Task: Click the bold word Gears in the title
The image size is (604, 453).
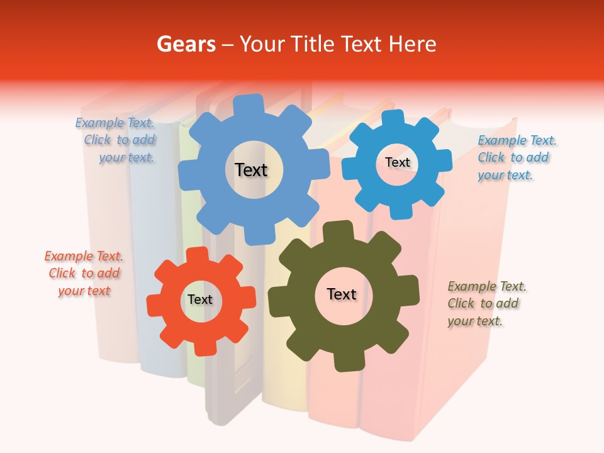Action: tap(186, 44)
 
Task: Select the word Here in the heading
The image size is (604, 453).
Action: tap(413, 44)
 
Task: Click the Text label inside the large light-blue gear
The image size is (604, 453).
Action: tap(251, 170)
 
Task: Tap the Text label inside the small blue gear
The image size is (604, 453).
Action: tap(397, 162)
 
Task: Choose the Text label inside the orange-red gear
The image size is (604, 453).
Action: tap(200, 299)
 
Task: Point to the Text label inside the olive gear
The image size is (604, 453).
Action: tap(342, 294)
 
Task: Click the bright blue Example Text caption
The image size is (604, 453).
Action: tap(516, 157)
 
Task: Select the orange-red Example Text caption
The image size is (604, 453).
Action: tap(84, 273)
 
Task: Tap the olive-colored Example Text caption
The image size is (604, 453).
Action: tap(486, 303)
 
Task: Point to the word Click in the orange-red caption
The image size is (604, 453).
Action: tap(62, 273)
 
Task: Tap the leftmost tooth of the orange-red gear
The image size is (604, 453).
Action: tap(154, 303)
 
